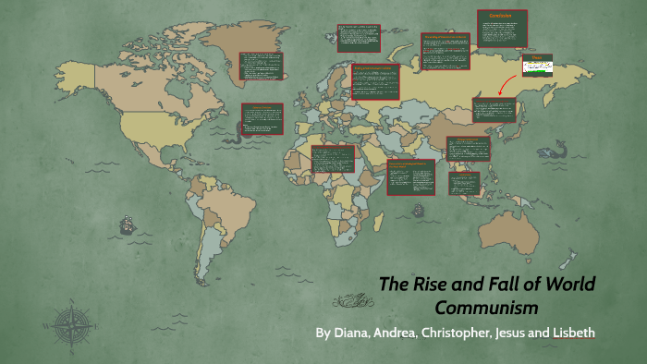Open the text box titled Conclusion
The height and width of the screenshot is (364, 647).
pos(502,27)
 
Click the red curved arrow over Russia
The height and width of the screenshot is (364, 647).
pos(505,84)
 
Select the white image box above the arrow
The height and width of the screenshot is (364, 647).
pos(535,65)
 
